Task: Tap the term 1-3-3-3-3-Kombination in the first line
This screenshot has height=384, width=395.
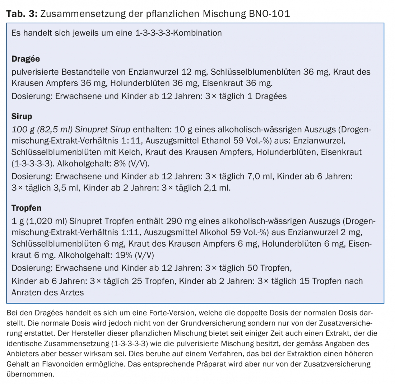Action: pos(178,33)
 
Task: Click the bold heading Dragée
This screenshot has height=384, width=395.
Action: pos(25,58)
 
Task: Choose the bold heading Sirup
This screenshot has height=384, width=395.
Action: pos(22,116)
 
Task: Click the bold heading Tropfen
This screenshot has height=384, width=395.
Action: pos(26,208)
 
